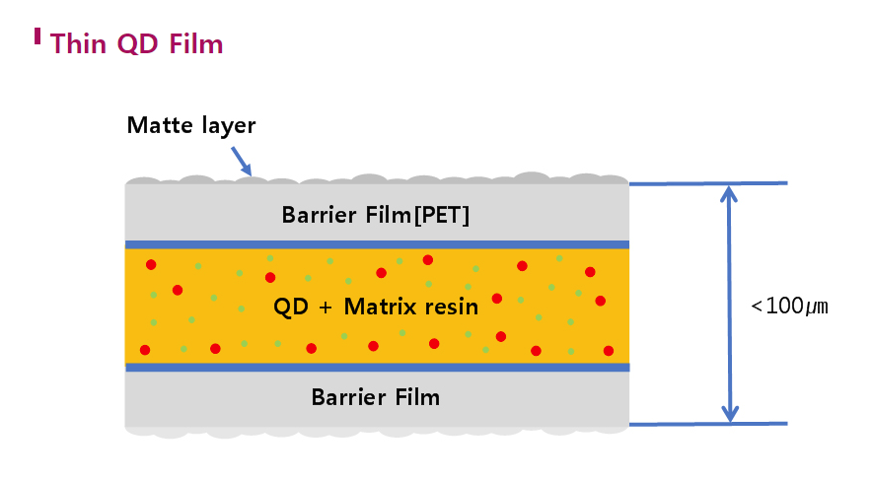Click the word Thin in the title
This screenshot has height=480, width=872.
77,44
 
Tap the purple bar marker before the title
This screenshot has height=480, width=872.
37,36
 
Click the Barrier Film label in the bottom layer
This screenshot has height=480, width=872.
375,398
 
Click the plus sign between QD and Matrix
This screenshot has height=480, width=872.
326,308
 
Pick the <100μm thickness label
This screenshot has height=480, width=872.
789,306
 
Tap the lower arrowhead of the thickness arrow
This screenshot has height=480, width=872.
729,414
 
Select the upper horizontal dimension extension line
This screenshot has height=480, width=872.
708,183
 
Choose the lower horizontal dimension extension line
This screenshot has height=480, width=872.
708,424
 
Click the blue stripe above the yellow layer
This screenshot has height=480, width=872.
377,244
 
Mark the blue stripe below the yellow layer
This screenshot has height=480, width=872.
377,368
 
